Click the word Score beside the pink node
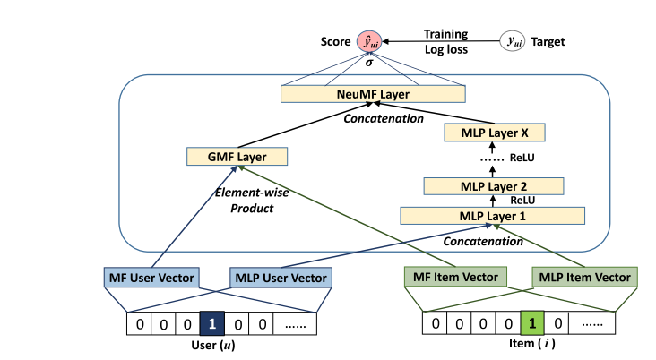pos(336,41)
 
